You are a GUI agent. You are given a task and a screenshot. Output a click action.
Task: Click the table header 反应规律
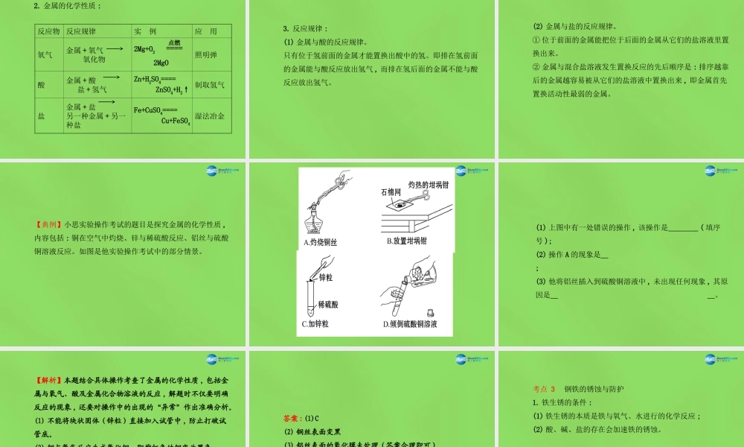[x=81, y=32]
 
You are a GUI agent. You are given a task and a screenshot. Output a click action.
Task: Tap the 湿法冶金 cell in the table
[x=209, y=116]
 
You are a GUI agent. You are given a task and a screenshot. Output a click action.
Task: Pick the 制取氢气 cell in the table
[x=209, y=85]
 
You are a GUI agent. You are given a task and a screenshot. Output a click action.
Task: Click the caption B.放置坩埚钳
[x=406, y=241]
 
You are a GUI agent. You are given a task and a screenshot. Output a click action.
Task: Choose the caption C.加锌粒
[x=315, y=324]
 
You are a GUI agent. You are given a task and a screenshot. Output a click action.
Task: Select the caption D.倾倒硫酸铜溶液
[x=410, y=324]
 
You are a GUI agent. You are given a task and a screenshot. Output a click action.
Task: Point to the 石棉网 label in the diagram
[x=391, y=192]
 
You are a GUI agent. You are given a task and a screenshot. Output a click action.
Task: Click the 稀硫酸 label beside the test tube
[x=330, y=304]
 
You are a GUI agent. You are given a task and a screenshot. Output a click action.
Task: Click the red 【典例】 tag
[x=49, y=224]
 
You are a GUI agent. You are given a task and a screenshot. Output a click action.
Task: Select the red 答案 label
[x=293, y=417]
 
